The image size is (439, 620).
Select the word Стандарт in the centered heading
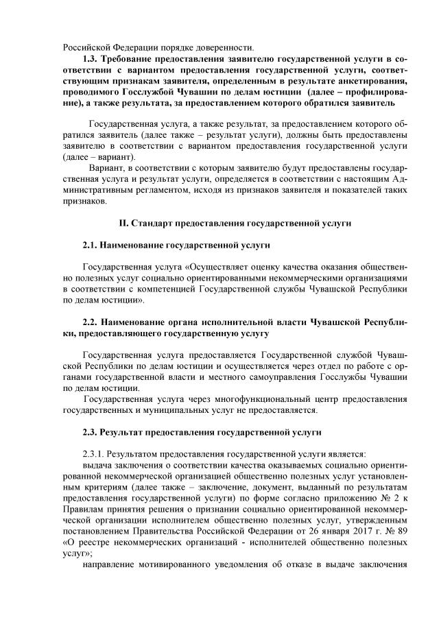point(154,224)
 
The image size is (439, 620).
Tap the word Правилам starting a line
point(84,497)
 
